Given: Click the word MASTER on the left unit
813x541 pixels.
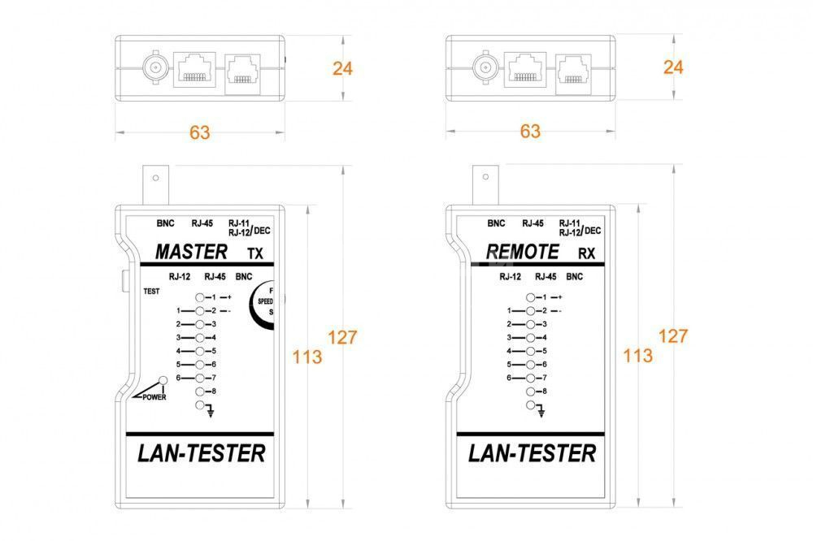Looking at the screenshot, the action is coord(191,252).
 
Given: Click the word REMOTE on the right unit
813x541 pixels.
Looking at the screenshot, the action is coord(522,252).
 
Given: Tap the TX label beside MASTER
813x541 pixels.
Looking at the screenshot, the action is coord(255,253).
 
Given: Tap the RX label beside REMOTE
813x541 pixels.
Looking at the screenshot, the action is coord(586,253).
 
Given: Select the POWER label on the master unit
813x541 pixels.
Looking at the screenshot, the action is coord(154,397).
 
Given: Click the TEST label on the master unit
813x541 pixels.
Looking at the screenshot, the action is coord(151,292).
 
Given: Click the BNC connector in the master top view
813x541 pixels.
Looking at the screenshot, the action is coord(155,67).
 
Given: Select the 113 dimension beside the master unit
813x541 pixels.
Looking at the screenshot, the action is coord(307,357).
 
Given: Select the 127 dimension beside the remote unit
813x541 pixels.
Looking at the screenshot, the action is coord(673,336).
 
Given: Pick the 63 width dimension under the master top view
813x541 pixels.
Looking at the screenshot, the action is coord(200,132).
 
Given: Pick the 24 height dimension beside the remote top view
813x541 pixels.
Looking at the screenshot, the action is coord(673,67).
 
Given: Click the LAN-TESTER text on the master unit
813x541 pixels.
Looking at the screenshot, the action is coord(201,453).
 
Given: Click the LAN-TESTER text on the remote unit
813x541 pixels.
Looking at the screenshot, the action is coord(532,453).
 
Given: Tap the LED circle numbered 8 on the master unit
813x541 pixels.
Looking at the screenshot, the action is coord(200,392).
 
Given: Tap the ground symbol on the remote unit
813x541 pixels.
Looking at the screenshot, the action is coord(541,413).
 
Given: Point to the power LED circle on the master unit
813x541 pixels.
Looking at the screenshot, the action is coord(163,380).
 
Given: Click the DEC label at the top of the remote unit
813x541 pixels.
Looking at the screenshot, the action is coord(593,231).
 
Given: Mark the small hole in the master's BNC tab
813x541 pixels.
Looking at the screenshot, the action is coord(155,178).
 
